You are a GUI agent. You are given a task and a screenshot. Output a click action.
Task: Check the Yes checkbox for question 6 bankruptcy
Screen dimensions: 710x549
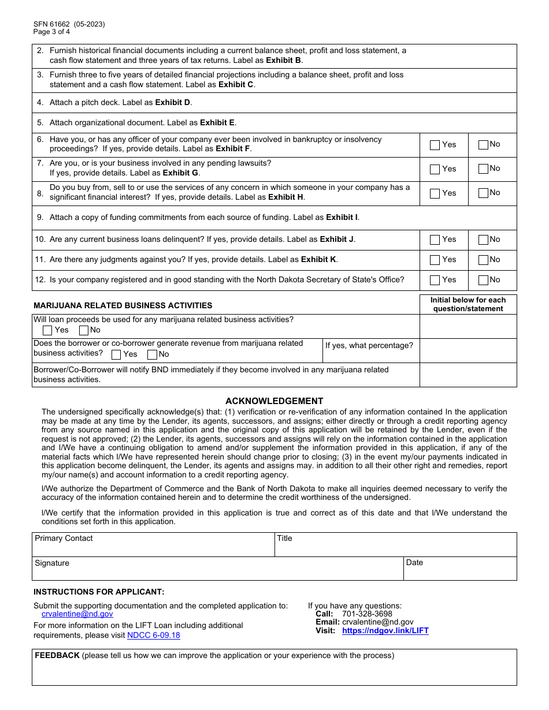pos(435,145)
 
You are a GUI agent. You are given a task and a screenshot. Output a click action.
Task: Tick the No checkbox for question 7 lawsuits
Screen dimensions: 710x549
pos(483,169)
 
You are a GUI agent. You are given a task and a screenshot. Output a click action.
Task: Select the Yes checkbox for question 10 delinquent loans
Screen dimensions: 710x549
pos(435,240)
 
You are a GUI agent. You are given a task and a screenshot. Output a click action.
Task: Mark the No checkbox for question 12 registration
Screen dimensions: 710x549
pos(483,281)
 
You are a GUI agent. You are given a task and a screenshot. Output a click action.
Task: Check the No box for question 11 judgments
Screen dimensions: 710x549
pos(483,260)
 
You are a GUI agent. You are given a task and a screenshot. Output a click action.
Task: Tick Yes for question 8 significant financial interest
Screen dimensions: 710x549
pos(435,194)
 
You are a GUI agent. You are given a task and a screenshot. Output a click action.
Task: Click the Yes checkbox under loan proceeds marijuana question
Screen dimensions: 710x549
pos(48,331)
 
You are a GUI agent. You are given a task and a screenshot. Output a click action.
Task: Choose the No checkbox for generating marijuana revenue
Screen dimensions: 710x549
pos(152,355)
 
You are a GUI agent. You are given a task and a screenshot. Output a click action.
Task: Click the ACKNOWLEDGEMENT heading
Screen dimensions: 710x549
pos(274,401)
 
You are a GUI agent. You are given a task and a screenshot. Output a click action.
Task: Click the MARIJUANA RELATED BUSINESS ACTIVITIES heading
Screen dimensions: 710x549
pos(123,305)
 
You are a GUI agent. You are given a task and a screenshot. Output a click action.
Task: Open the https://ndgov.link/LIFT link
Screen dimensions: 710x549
pos(385,631)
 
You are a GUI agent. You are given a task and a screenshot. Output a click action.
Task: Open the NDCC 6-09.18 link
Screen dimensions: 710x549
pos(153,636)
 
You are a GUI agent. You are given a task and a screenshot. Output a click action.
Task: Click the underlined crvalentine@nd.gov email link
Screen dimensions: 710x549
pos(77,614)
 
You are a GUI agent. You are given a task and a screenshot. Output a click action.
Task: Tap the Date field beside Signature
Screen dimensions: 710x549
pos(459,571)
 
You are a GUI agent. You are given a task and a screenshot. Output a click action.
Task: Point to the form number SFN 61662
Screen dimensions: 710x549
pos(52,24)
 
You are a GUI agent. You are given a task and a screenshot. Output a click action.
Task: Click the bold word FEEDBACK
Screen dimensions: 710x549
pos(57,656)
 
